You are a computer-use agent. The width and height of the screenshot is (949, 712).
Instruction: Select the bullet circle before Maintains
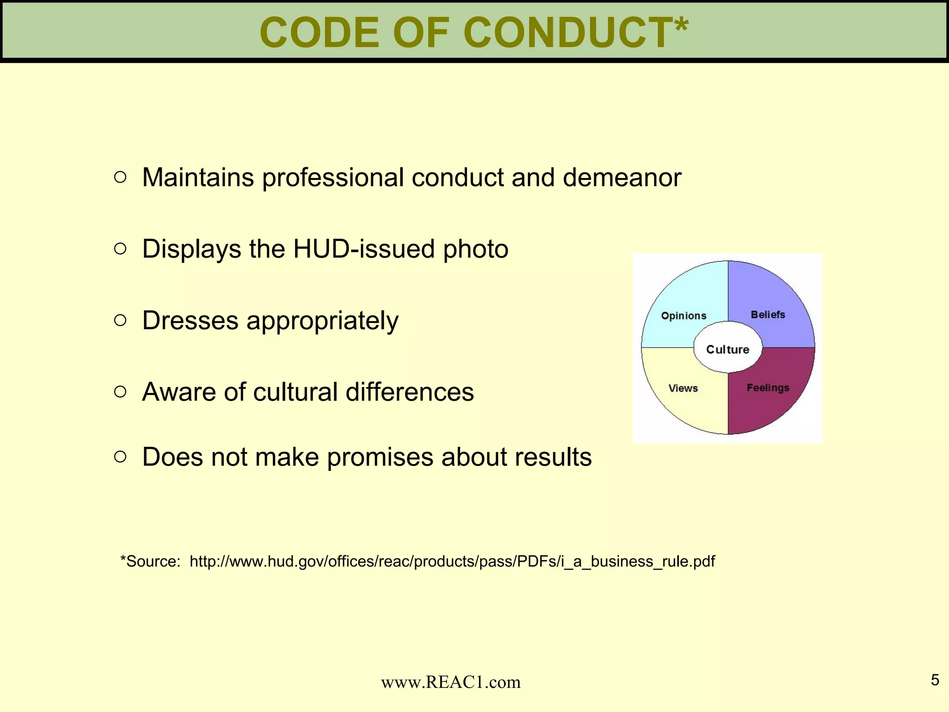(120, 177)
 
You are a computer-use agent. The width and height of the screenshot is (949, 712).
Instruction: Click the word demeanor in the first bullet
(622, 178)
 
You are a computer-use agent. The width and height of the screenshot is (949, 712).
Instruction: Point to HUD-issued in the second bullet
(364, 249)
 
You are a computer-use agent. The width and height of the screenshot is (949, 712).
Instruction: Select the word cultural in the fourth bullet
(295, 392)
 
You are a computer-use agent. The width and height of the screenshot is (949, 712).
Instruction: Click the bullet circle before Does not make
(120, 457)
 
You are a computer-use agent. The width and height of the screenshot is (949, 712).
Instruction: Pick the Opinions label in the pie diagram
(683, 316)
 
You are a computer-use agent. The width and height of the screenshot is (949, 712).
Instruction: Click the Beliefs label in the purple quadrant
(768, 315)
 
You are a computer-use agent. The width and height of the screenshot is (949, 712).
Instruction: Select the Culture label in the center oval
(728, 350)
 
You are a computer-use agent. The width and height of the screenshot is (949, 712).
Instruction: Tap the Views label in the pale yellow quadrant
(683, 388)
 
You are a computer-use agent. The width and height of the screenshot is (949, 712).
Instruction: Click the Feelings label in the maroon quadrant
(768, 388)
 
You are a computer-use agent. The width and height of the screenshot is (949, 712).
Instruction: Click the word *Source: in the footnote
(150, 561)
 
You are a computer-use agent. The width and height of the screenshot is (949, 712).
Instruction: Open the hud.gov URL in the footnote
(452, 561)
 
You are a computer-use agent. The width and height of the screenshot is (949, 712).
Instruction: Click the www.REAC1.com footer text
(450, 682)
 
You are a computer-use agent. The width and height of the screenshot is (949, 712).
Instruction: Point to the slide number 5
(935, 680)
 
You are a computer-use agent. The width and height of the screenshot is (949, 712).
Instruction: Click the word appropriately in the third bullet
(322, 321)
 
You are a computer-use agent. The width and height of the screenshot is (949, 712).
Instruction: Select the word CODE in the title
(319, 32)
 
